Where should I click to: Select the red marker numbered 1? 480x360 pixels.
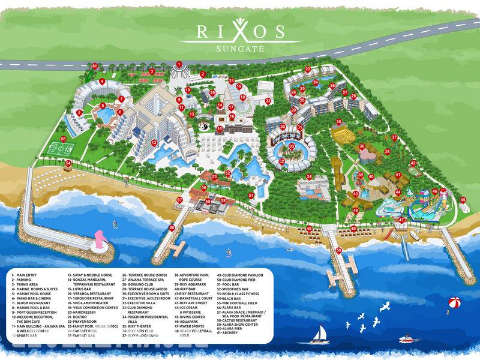(179, 64)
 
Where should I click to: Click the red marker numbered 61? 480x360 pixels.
(94, 66)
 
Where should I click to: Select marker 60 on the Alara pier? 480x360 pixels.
(172, 227)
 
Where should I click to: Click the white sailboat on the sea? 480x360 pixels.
(321, 332)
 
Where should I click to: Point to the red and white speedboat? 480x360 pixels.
(407, 339)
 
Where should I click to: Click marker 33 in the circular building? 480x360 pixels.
(292, 146)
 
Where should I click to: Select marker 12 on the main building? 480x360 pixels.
(154, 142)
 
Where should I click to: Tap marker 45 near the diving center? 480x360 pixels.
(463, 200)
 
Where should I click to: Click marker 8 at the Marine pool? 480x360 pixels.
(103, 105)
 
